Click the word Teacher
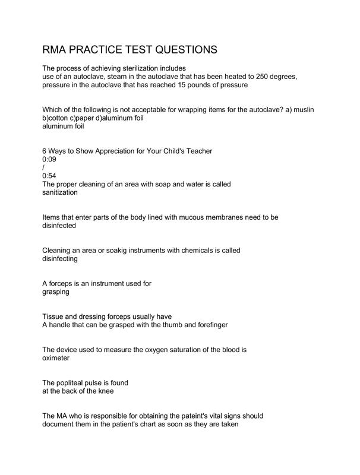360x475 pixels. coord(197,151)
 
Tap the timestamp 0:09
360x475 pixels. coord(49,159)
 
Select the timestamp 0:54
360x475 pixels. coord(49,176)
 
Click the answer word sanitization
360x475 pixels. coord(60,192)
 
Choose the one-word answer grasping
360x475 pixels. coord(56,292)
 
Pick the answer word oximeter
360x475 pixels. coord(56,358)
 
